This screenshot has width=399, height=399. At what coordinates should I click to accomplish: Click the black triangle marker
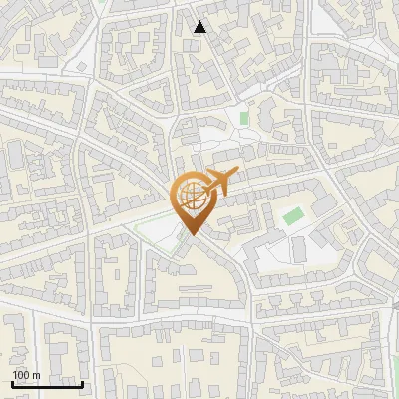click(x=199, y=27)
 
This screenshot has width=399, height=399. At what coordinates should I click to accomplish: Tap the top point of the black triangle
click(x=199, y=21)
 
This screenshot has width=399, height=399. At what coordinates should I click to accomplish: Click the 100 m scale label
click(x=26, y=374)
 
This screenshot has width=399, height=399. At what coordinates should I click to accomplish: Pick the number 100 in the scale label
click(x=21, y=374)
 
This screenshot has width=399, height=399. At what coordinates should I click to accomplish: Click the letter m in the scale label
click(x=36, y=375)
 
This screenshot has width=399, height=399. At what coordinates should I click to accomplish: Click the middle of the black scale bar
click(x=47, y=383)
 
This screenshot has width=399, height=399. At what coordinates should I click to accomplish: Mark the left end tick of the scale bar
click(x=12, y=381)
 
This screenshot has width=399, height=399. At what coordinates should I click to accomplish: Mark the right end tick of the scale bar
click(x=82, y=381)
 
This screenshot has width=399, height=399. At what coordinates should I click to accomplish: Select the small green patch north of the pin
click(x=243, y=118)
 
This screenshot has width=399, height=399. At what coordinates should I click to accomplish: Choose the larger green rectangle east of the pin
click(x=292, y=215)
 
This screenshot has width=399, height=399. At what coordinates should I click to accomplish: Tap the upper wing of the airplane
click(x=215, y=174)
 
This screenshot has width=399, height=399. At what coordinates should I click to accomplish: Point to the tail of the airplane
click(x=202, y=186)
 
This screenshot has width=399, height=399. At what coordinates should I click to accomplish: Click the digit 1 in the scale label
click(x=15, y=374)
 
